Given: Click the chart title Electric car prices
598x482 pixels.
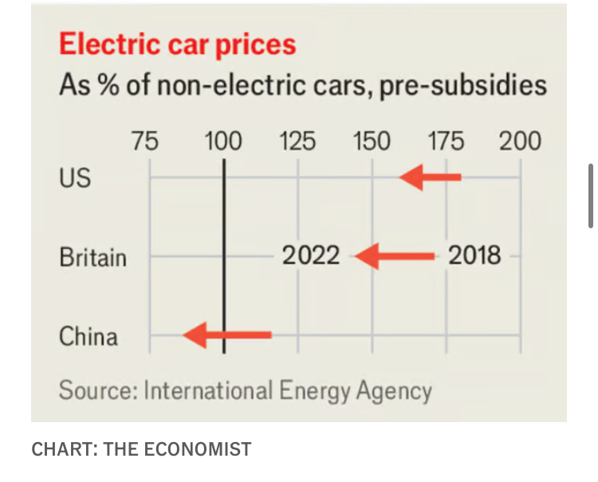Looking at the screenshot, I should [x=178, y=44].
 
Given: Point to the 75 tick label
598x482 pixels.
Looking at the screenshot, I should [x=144, y=142].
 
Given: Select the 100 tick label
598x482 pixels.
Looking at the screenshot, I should [x=222, y=142].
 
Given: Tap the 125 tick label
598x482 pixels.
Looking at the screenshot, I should [x=297, y=142].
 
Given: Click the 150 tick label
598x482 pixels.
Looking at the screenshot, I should [x=372, y=142].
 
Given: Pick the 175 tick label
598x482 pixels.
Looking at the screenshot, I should [x=446, y=142].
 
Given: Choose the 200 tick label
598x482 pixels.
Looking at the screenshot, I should [x=520, y=142].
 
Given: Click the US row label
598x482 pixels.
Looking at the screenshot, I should [x=75, y=177].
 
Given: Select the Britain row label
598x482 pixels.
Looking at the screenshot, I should [x=92, y=257].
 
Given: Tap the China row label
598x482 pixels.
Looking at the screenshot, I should [x=89, y=336].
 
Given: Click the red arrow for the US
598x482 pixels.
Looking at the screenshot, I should [x=431, y=176].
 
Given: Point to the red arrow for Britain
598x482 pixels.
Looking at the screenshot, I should [x=395, y=256].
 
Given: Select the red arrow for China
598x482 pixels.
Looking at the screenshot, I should [x=227, y=335].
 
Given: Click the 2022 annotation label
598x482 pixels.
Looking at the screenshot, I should [x=310, y=256].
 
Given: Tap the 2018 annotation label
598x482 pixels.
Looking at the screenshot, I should [x=474, y=255].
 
